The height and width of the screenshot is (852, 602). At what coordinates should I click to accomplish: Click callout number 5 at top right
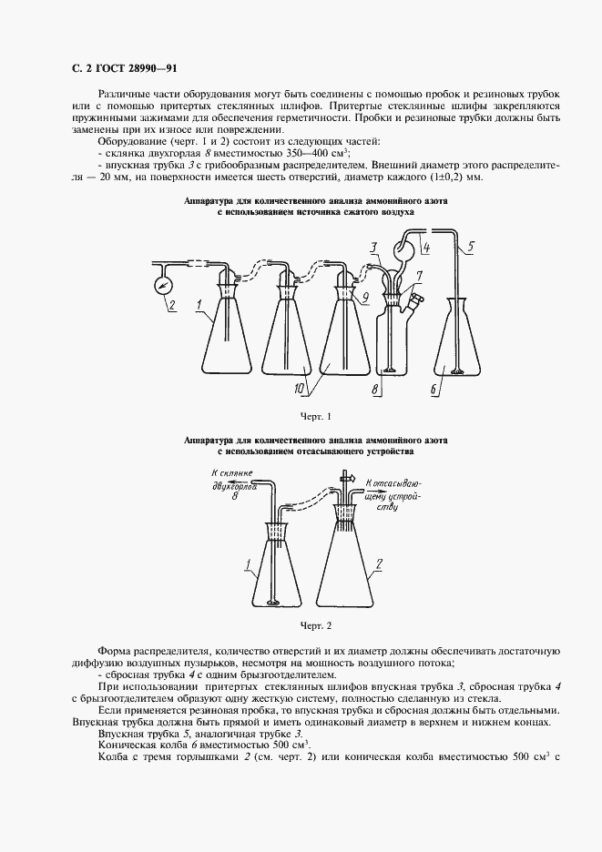click(x=470, y=245)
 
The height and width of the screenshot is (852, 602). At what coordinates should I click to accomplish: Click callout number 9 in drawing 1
click(x=364, y=296)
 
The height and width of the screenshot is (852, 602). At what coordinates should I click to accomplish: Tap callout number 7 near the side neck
click(x=417, y=274)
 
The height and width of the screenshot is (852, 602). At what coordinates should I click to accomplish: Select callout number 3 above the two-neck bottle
click(x=374, y=247)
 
